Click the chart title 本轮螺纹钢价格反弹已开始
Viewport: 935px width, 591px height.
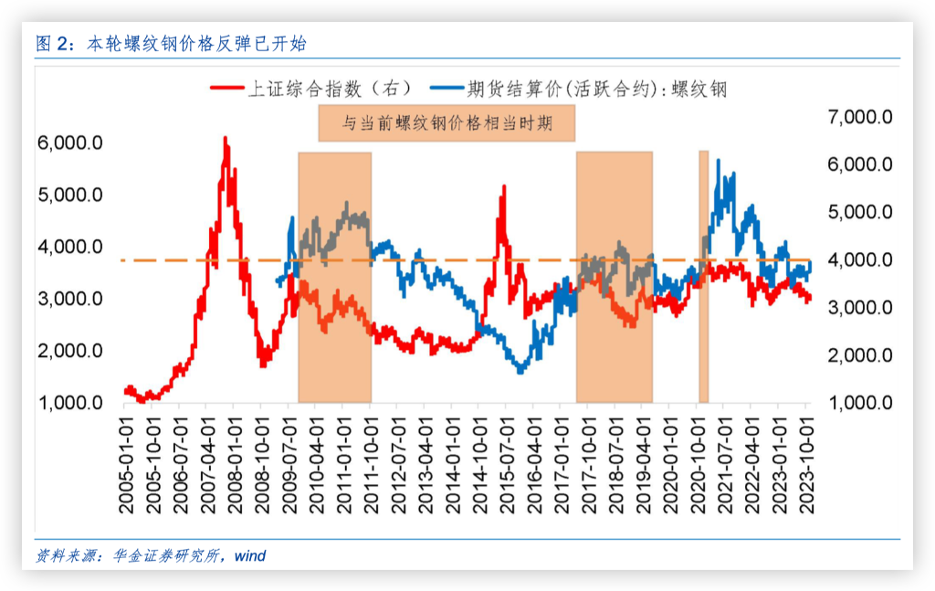click(x=195, y=43)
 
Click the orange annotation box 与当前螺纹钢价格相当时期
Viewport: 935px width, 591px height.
click(x=446, y=123)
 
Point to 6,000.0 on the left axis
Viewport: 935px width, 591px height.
click(x=69, y=143)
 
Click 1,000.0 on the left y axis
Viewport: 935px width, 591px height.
click(x=69, y=403)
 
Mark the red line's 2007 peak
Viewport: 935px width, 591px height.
click(x=226, y=139)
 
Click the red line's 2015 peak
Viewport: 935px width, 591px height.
click(x=503, y=186)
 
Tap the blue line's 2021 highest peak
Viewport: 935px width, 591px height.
click(x=719, y=161)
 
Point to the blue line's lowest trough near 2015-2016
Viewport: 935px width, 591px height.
click(x=521, y=372)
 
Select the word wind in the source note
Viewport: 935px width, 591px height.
click(x=249, y=555)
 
